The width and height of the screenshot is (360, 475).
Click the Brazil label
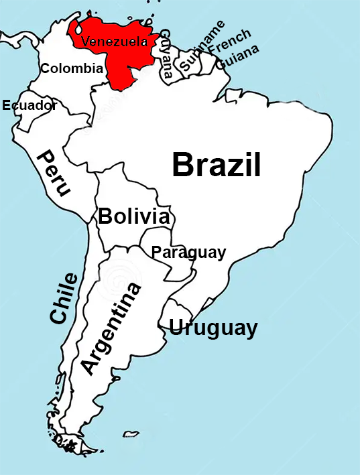coord(216,165)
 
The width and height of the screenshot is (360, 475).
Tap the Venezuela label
coord(114,42)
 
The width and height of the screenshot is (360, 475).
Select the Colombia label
coord(72,68)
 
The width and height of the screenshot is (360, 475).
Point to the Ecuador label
coord(29,105)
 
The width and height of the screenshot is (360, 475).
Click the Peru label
coord(53,174)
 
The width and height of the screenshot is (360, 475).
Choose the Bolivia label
coord(133,216)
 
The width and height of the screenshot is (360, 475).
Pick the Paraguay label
coord(188,253)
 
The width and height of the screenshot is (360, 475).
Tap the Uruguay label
coord(213,328)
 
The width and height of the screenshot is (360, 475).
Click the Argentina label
coord(111,328)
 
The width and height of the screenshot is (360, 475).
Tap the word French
coord(230,41)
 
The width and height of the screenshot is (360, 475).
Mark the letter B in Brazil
coord(183,165)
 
